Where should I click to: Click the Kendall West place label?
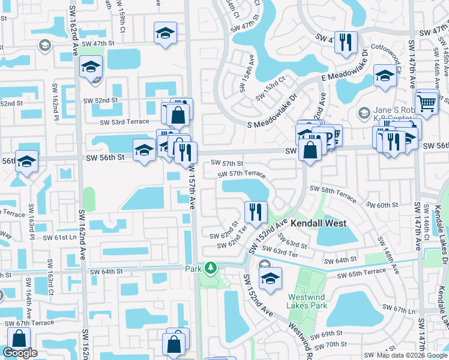[319, 223]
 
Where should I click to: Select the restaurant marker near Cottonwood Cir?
[346, 43]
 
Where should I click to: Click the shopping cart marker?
[426, 102]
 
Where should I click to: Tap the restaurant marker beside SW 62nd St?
[256, 212]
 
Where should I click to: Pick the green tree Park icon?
[210, 267]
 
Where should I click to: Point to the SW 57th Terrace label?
[242, 173]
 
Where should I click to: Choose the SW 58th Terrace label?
[333, 189]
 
